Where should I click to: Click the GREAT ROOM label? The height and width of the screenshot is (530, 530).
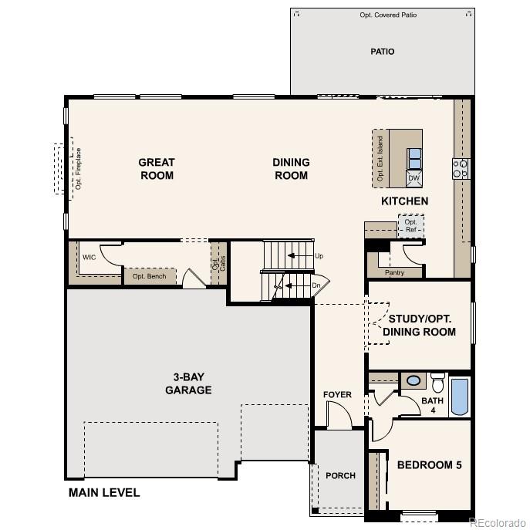[157, 169]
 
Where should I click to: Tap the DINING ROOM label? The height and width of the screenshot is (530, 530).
[291, 169]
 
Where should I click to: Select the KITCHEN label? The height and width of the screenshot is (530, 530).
[404, 201]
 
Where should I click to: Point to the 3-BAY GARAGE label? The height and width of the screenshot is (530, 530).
[188, 383]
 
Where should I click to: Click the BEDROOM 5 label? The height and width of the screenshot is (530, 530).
[429, 465]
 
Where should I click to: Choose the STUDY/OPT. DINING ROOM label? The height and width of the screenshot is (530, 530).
[420, 325]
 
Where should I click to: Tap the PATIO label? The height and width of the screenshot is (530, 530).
[382, 52]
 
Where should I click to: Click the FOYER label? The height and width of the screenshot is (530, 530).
[337, 395]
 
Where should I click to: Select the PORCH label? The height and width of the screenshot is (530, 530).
[340, 475]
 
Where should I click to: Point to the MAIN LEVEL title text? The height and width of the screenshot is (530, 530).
[104, 492]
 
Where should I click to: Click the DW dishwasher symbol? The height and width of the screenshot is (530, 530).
[414, 178]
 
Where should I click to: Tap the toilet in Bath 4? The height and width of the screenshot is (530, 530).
[437, 383]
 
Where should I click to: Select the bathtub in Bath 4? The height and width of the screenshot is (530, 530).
[459, 397]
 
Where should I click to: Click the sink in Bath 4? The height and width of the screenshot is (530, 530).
[414, 380]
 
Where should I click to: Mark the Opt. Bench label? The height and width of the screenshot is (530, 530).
[149, 276]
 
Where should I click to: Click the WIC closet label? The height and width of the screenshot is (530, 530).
[89, 258]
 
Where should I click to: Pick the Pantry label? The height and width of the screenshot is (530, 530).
[394, 272]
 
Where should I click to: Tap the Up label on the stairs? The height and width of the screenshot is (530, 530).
[319, 255]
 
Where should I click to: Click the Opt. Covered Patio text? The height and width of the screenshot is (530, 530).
[383, 15]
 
